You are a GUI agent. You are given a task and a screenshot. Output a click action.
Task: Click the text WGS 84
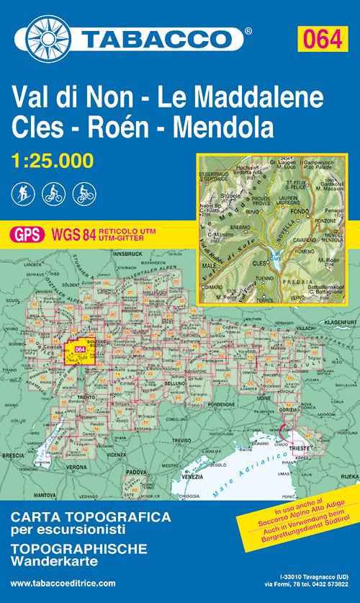(68, 233)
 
